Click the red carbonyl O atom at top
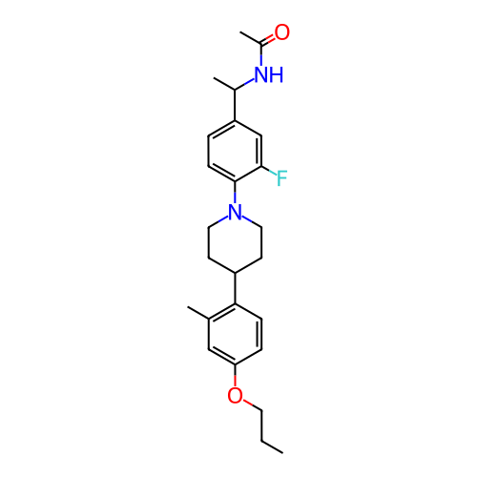tap(282, 32)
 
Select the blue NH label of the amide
tap(269, 75)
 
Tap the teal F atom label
tap(281, 178)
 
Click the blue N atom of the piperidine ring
tap(235, 212)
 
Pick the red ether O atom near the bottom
tap(235, 395)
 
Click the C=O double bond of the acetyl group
tap(268, 39)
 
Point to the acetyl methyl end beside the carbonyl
tap(240, 32)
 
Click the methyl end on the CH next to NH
tap(215, 78)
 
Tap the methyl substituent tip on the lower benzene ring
tap(188, 307)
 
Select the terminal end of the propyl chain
tap(282, 452)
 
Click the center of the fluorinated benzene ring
tap(235, 151)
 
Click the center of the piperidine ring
tap(235, 242)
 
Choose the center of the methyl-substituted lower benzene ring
tap(235, 334)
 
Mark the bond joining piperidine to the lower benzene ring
tap(235, 288)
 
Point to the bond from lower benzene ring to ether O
tap(235, 375)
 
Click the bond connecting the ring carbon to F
tap(269, 171)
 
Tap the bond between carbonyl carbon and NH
tap(261, 55)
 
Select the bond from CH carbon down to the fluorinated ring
tap(235, 105)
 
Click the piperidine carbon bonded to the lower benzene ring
tap(235, 273)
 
